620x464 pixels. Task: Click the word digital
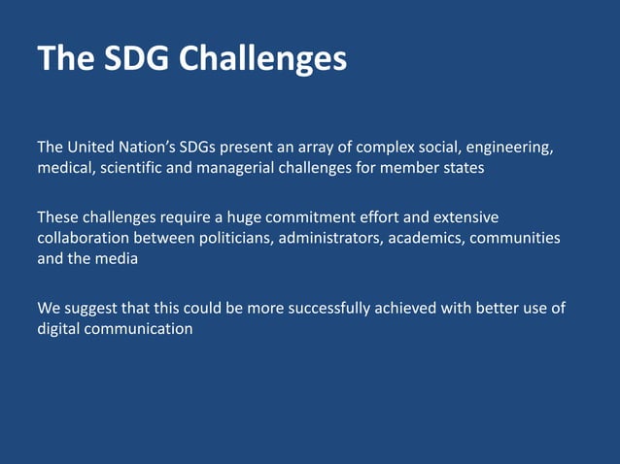(59, 329)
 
